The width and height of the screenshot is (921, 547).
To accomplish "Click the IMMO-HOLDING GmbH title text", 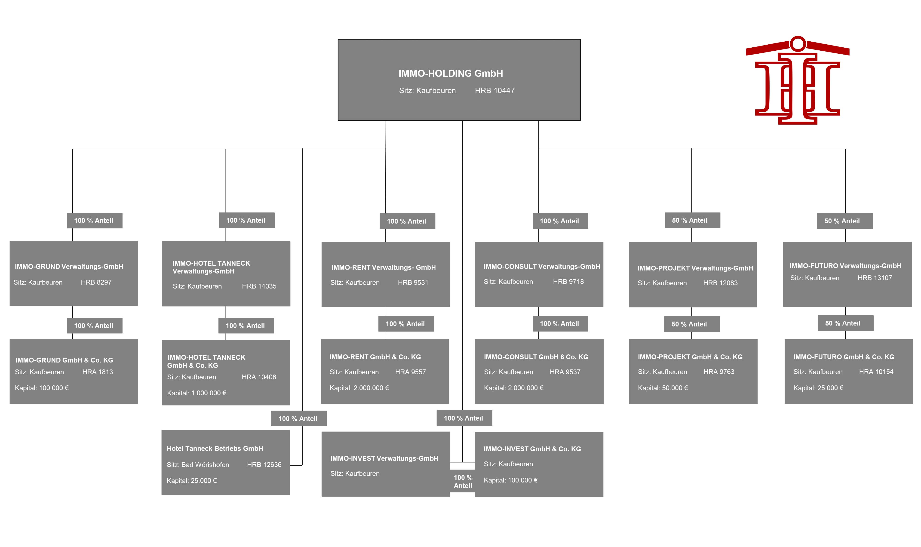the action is pos(450,73).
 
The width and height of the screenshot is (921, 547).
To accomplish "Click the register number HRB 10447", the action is pos(494,91).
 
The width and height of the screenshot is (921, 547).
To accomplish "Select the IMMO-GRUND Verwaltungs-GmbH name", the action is pos(69,267).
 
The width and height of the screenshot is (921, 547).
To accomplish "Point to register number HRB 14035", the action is pos(259,286).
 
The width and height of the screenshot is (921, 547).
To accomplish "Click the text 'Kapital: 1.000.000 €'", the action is pos(197,393).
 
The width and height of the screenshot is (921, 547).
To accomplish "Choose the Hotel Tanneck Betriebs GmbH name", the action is pos(215,449).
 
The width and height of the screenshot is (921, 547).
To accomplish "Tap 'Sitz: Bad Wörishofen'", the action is pos(198,465).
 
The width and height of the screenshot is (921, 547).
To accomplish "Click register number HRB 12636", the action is pos(264,465).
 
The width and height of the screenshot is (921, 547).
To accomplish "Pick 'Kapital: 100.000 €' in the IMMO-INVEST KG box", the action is pos(511,480).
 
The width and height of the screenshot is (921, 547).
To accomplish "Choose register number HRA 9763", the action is pos(719,372).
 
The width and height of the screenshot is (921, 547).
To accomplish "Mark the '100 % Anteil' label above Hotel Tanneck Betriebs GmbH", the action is pos(298,419).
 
